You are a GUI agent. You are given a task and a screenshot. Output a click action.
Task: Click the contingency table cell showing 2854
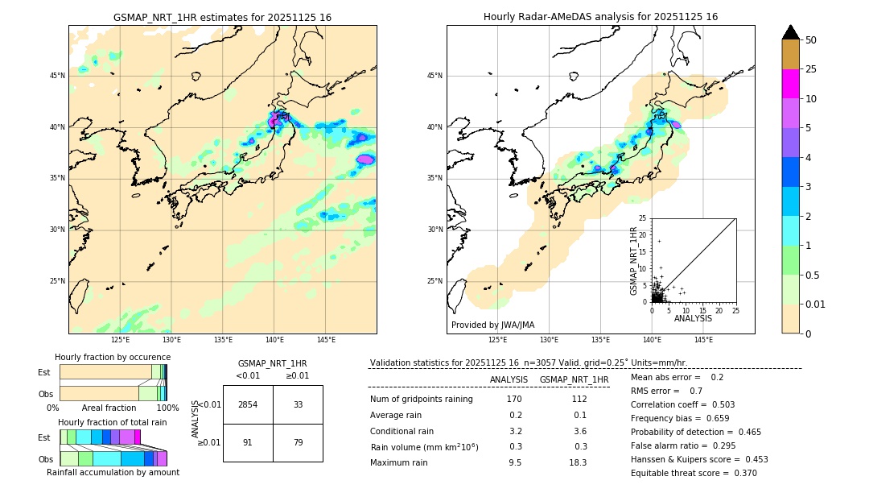248,404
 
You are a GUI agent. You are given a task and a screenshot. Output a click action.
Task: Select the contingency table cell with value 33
298,404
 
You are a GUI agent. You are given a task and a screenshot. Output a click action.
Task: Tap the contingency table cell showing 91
248,441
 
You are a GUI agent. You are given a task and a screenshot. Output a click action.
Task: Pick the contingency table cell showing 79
298,441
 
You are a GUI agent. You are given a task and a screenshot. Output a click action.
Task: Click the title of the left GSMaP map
222,17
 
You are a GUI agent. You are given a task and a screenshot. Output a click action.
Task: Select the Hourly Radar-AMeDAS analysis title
600,17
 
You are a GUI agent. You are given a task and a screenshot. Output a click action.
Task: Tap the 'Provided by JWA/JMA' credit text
492,325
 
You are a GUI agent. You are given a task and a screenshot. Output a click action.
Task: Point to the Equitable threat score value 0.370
740,473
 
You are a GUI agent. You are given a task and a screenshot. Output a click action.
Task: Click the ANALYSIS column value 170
514,400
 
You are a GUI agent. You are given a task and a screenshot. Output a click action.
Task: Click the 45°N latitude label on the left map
57,76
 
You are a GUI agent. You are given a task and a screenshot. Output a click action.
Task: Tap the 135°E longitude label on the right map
600,341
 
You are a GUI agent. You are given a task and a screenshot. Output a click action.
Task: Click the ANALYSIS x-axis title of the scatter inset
693,318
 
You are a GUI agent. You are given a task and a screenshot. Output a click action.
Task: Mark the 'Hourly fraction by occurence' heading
113,357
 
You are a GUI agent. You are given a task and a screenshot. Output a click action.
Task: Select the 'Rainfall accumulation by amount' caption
113,472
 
